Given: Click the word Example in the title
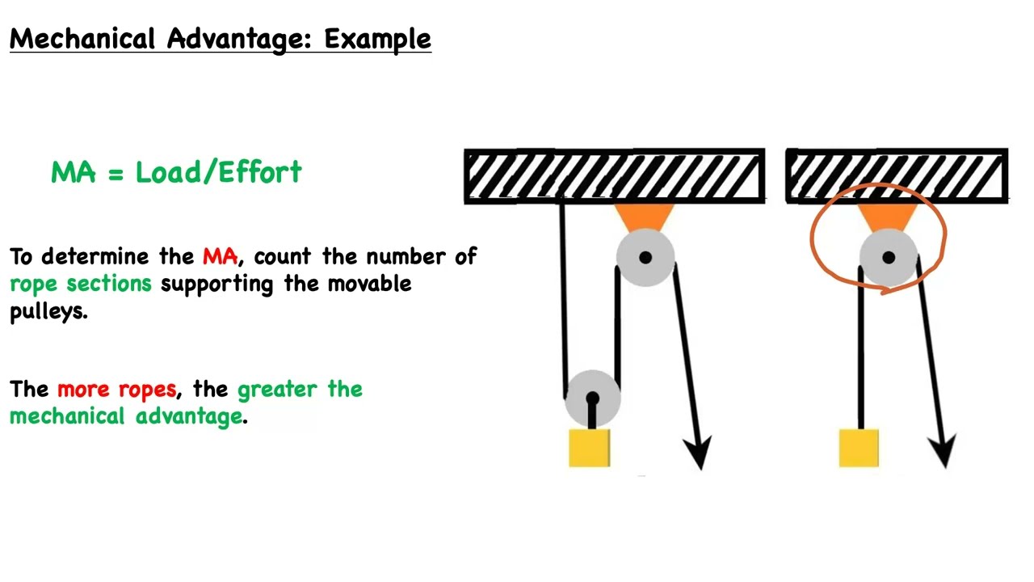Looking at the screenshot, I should coord(377,39).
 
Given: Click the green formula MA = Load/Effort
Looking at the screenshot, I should coord(176,172).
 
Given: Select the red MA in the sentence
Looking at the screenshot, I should coord(220,257).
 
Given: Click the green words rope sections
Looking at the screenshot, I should coord(81,284).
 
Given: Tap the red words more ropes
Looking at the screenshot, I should coord(116,390).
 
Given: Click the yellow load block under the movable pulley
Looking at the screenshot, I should coord(590,449).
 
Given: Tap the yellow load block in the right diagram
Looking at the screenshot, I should coord(859,449).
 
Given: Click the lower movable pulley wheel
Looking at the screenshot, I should coord(592,397).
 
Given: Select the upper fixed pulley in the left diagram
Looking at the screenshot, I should coord(645,258).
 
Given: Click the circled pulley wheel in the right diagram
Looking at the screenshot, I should coord(888,258).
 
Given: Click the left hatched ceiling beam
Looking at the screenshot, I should coord(614,175).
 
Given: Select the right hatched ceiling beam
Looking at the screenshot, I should coord(897,175).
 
